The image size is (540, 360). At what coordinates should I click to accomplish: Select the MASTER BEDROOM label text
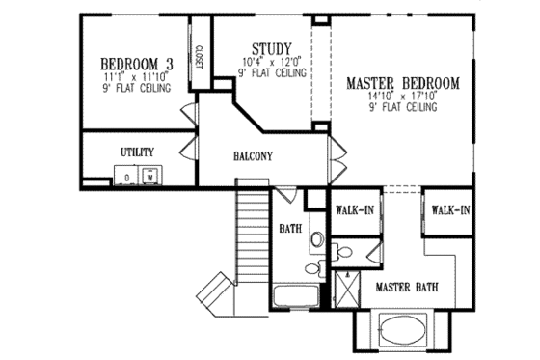click(x=402, y=83)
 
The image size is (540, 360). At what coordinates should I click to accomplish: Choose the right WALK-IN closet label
click(x=450, y=209)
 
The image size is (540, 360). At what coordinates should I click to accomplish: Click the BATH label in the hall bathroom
click(x=290, y=230)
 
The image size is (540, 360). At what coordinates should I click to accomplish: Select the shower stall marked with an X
click(x=342, y=288)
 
